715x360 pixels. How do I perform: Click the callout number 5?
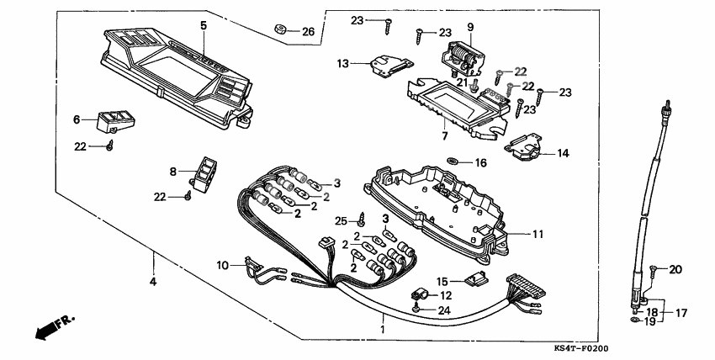pyautogui.click(x=203, y=25)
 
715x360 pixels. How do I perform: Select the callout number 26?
pyautogui.click(x=308, y=32)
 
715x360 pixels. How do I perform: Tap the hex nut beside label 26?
pyautogui.click(x=281, y=29)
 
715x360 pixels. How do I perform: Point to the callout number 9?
pyautogui.click(x=470, y=26)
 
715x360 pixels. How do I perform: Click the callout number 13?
pyautogui.click(x=343, y=63)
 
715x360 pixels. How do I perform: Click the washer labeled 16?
pyautogui.click(x=455, y=161)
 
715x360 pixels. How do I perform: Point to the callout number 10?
pyautogui.click(x=222, y=266)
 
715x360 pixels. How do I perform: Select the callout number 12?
pyautogui.click(x=446, y=295)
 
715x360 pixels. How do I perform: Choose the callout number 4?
pyautogui.click(x=153, y=280)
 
